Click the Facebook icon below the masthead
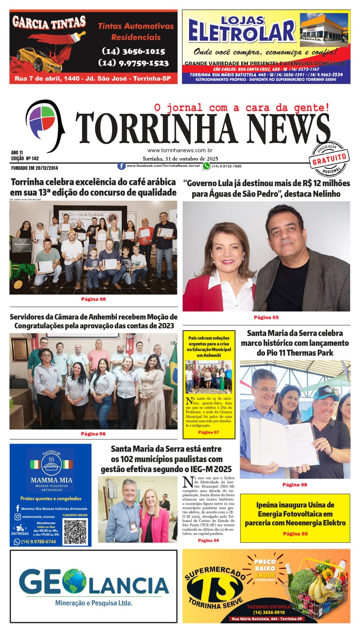click(121, 166)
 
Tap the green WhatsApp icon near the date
click(206, 166)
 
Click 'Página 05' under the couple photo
click(266, 317)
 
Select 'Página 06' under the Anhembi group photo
click(93, 434)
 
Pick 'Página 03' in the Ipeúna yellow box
click(295, 534)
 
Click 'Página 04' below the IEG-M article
click(208, 540)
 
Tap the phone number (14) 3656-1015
click(134, 51)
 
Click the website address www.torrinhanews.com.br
click(180, 150)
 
